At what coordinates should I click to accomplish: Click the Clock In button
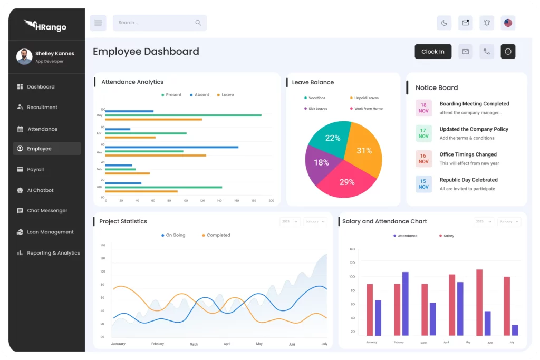433,52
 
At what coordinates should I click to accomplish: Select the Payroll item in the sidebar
35,170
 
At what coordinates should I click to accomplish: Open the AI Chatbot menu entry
40,190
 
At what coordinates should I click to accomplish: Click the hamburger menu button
98,23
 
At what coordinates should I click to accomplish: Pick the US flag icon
508,23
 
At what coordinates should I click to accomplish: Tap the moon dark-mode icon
444,23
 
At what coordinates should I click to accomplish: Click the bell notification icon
487,23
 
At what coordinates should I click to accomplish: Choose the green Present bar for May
184,115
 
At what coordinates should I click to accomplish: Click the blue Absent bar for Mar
172,147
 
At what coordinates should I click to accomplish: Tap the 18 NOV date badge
423,108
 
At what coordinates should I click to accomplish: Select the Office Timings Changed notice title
468,154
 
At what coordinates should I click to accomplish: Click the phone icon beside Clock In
487,52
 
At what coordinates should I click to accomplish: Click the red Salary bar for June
479,303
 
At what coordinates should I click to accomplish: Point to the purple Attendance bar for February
405,304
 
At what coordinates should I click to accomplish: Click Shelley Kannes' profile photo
24,57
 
